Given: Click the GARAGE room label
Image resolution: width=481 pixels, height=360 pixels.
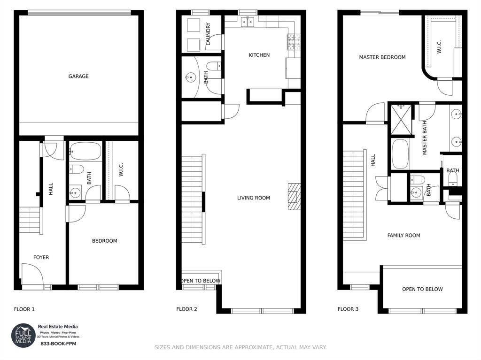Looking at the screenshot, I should [78, 76].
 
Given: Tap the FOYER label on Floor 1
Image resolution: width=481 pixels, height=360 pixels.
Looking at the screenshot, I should [41, 257].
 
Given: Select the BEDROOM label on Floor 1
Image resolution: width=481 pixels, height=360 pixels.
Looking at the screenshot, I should [104, 241].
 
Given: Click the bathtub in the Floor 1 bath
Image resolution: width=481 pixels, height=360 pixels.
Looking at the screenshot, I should [85, 152].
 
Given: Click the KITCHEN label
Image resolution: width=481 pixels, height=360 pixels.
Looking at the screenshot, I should [259, 55].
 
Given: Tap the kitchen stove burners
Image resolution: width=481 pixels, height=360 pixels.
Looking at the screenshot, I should [291, 42].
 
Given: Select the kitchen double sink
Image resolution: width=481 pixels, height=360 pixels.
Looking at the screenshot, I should [248, 22].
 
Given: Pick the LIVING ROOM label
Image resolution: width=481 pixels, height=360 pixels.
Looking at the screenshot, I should [253, 198].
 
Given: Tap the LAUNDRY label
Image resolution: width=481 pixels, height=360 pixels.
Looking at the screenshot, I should [208, 34].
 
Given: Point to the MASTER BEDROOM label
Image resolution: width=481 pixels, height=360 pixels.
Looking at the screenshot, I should [382, 57].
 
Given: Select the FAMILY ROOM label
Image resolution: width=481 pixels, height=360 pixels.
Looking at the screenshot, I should [403, 235].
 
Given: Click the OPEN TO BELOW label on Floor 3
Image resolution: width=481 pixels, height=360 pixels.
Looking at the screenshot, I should [422, 289].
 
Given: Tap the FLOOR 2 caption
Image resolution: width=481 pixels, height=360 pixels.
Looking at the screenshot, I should [186, 309].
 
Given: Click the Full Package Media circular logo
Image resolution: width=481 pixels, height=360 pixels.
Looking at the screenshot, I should [23, 335].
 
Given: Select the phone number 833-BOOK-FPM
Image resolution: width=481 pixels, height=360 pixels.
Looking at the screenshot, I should [58, 344].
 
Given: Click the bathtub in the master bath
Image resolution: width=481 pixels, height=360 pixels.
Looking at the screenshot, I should [400, 153].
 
